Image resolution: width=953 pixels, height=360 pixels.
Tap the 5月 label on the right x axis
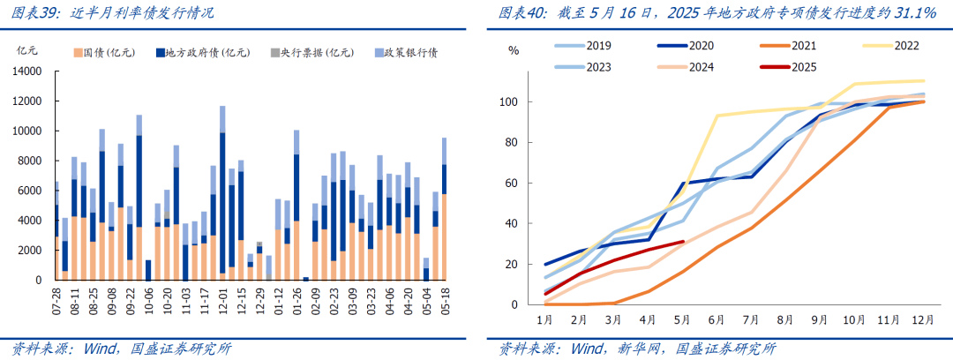(680, 319)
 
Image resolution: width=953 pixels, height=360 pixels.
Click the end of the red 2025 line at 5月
(683, 242)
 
